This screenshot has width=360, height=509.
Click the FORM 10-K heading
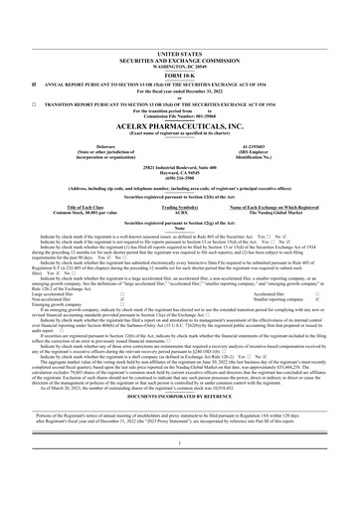click(179, 49)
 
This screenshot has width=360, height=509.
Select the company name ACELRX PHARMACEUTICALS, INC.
click(179, 98)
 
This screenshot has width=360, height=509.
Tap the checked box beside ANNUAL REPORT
click(8, 58)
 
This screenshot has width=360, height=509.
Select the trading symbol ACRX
click(179, 185)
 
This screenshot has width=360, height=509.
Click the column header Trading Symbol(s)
click(179, 179)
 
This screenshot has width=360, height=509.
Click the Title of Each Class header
click(81, 179)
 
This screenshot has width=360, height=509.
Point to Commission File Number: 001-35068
click(179, 88)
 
